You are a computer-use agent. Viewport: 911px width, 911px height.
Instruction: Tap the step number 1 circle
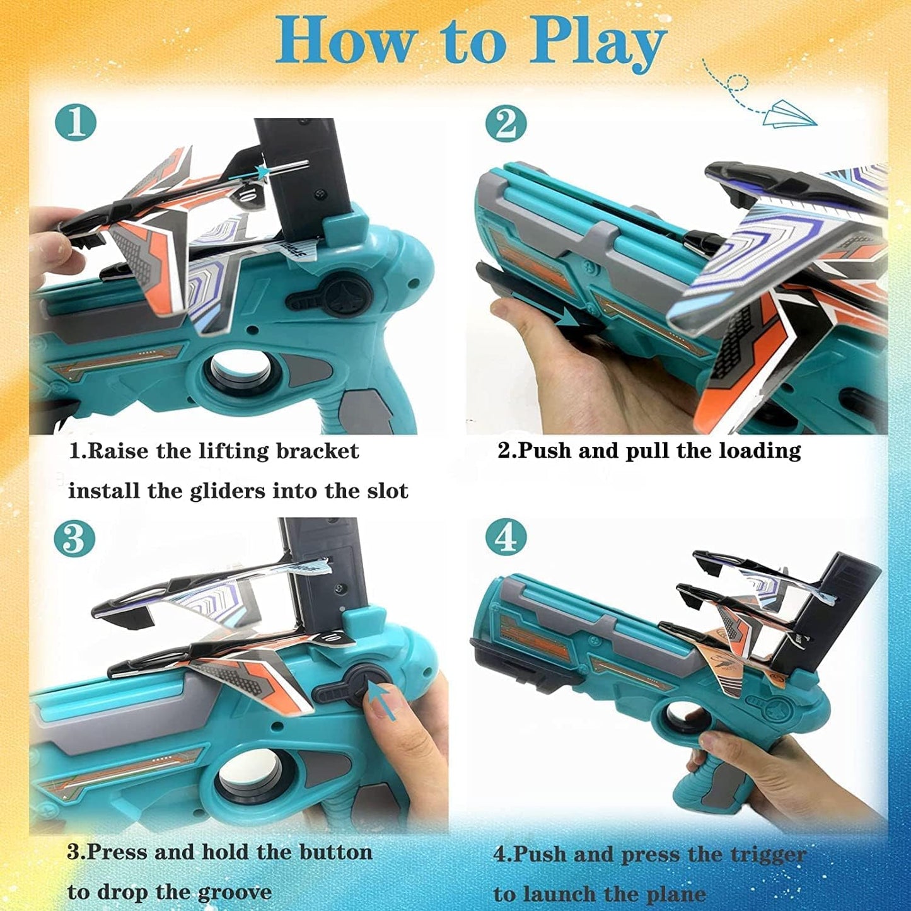coord(76,123)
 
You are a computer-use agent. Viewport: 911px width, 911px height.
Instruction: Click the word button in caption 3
coord(335,852)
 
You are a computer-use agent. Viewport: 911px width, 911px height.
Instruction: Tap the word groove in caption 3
coord(235,892)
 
